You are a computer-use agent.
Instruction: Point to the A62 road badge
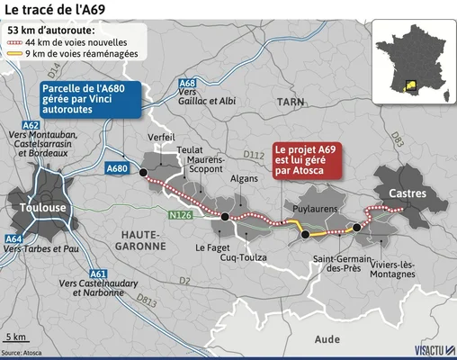[x=31, y=126]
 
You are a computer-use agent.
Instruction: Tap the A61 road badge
[x=98, y=274]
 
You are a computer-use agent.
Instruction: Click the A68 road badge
[x=188, y=84]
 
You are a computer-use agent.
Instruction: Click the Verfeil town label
[x=163, y=137]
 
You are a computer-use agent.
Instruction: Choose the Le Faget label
[x=212, y=247]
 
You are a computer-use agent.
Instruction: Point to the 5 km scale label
[x=15, y=336]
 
